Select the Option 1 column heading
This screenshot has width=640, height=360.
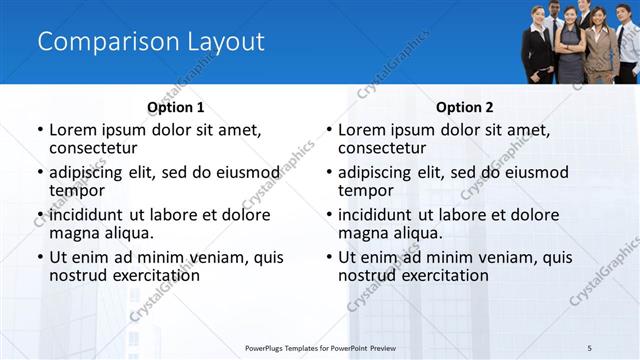176,107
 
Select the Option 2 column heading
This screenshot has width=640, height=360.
465,107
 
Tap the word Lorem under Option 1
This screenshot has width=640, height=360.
73,130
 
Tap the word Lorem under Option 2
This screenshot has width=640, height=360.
362,130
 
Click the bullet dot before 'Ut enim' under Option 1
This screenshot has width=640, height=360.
39,257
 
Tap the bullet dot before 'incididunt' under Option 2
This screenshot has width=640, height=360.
328,214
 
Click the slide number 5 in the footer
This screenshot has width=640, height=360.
590,347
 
